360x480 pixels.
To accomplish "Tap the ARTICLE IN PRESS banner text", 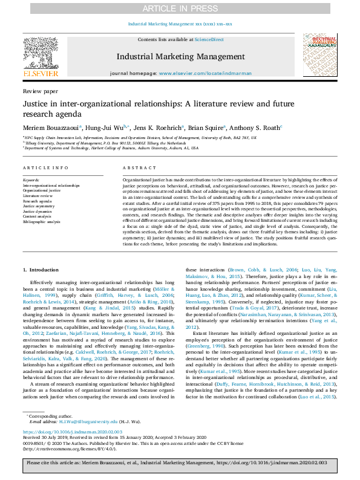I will pos(180,8).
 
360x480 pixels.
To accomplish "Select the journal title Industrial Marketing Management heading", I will pos(180,56).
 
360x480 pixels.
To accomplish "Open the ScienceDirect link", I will pos(208,39).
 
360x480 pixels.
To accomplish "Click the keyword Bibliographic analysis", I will pos(41,221).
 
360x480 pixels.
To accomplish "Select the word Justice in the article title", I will pos(37,103).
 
